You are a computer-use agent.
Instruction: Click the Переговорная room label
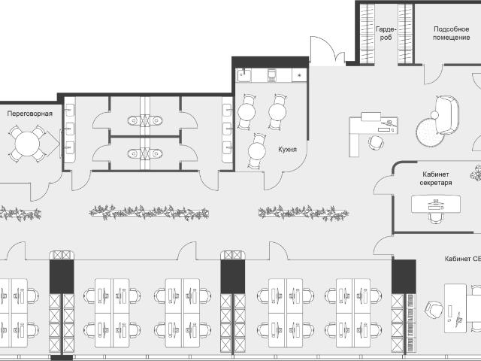(x=30, y=114)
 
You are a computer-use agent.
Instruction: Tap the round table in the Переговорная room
(x=27, y=144)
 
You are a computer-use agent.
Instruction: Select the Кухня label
(x=287, y=150)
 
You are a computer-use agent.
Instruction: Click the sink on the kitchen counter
(x=244, y=75)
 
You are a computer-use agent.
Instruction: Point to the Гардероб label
(x=386, y=33)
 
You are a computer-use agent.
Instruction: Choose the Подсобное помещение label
(x=451, y=33)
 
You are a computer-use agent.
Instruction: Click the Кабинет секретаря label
(x=436, y=178)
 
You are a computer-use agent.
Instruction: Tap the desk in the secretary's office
(x=436, y=204)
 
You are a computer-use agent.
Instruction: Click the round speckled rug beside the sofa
(x=429, y=132)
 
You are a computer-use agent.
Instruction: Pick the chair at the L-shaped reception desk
(x=375, y=143)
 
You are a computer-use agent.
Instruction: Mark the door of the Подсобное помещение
(x=433, y=74)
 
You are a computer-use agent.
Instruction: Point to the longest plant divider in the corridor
(x=149, y=213)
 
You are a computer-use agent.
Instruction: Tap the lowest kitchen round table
(x=257, y=151)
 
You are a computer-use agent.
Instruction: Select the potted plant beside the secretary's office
(x=476, y=173)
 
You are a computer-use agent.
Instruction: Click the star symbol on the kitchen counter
(x=299, y=75)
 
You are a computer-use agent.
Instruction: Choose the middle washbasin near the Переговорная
(x=69, y=129)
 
